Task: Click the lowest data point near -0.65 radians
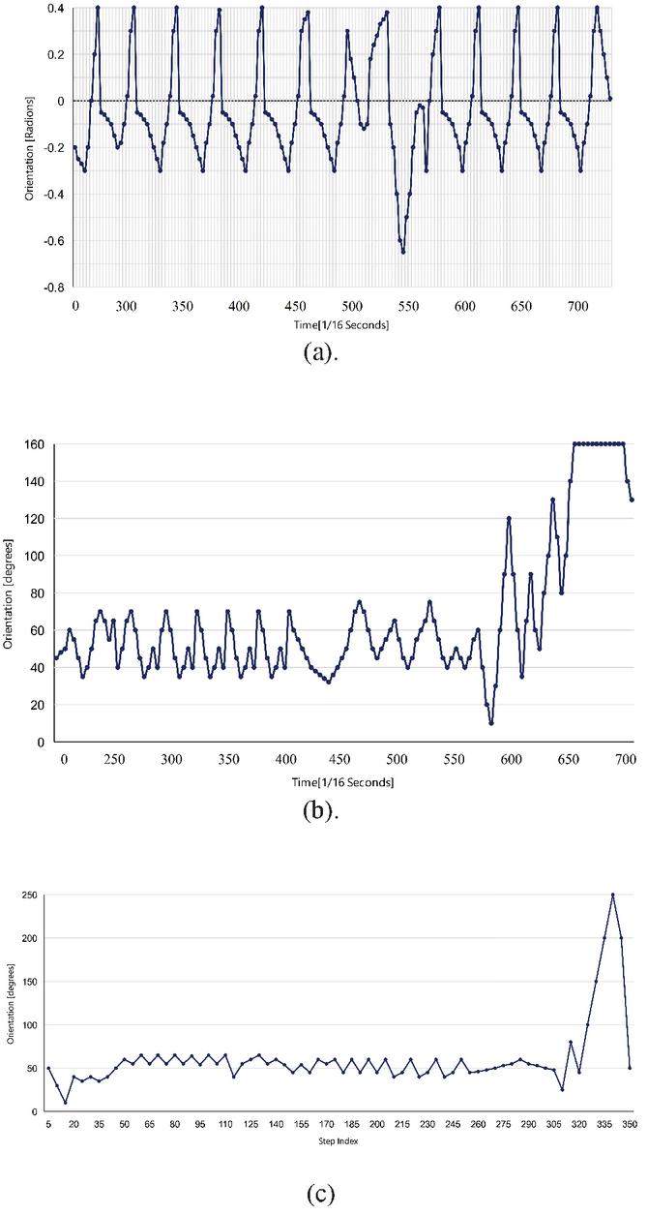pos(403,251)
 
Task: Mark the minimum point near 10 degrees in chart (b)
pos(491,723)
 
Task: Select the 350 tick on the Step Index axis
pos(630,1127)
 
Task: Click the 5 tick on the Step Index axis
pos(48,1127)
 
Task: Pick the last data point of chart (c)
pos(630,1068)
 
